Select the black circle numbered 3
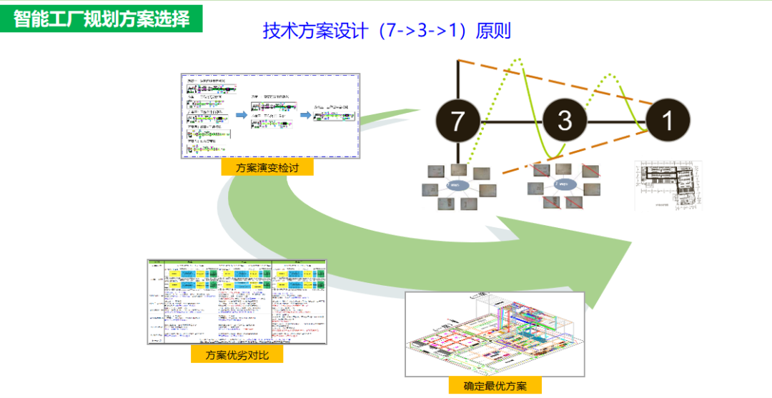[x=565, y=120]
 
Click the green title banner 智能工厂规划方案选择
[x=102, y=18]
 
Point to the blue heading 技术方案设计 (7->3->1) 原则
[x=387, y=31]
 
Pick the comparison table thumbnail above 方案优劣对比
[x=237, y=302]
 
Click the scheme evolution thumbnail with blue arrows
[x=269, y=116]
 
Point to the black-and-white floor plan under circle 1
[x=668, y=184]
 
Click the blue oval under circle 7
[x=457, y=184]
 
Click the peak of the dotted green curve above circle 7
[x=520, y=60]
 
